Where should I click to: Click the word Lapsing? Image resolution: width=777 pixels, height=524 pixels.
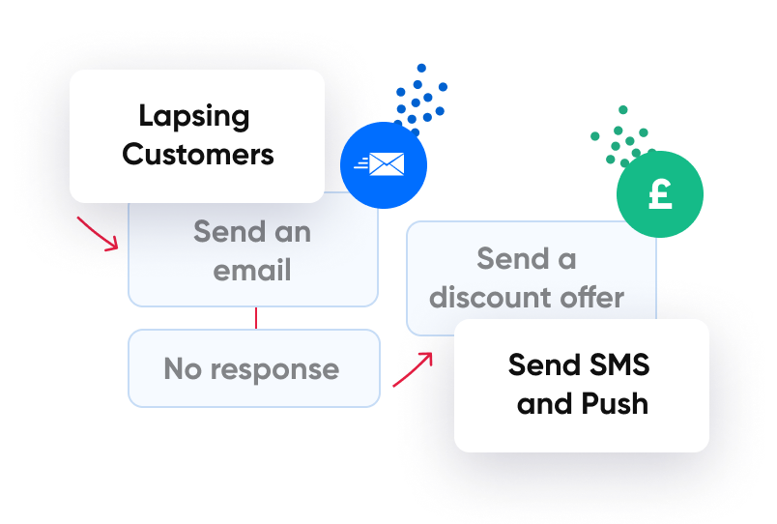coord(193,117)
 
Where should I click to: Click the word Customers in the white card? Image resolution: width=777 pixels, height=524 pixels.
coord(198,154)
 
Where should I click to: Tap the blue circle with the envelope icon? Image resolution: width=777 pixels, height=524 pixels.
coord(385,165)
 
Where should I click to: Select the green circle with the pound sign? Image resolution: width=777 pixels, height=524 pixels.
coord(660,194)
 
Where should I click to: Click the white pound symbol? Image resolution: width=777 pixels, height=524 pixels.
coord(660,194)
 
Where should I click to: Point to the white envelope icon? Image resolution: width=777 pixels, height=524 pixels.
coord(387,165)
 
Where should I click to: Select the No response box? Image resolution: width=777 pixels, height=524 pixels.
coord(254,368)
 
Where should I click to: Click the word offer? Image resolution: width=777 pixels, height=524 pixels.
coord(593,297)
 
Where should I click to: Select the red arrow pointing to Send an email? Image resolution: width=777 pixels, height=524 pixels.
coord(98,233)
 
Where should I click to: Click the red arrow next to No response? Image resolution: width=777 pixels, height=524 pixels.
coord(413,369)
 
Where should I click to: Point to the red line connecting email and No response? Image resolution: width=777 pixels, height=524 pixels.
coord(255,318)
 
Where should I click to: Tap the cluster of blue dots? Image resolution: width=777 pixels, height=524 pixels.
coord(421,97)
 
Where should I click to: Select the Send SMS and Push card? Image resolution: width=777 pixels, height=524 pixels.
coord(581,385)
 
